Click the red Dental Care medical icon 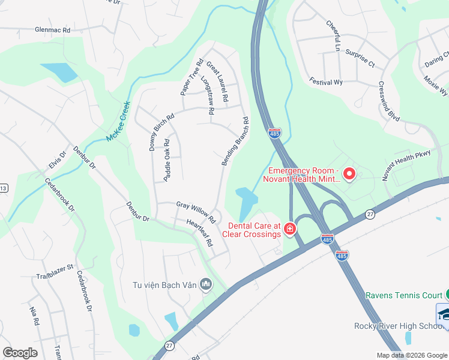290,229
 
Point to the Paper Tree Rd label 192,77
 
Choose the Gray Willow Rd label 196,209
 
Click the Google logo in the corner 20,352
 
